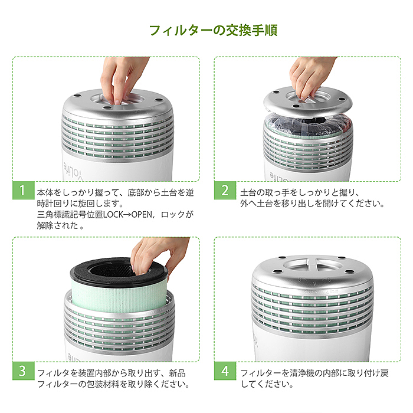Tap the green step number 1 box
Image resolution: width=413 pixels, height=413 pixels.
(22, 191)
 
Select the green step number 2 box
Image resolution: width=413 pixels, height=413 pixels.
(225, 191)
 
